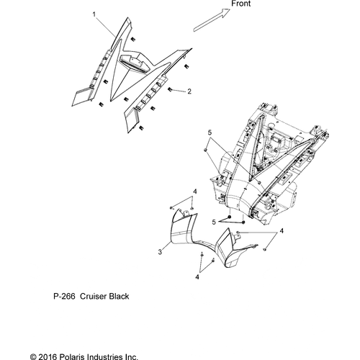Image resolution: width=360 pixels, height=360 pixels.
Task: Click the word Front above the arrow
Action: (240, 4)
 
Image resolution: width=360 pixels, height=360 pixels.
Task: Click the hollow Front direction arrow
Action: (212, 20)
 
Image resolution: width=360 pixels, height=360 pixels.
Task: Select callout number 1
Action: (94, 14)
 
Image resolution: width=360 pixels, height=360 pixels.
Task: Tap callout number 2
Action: (189, 91)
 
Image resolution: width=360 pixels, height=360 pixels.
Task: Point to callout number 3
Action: (160, 252)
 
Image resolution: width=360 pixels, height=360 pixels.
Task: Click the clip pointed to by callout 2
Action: (170, 89)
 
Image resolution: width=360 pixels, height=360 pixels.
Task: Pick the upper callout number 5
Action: (210, 132)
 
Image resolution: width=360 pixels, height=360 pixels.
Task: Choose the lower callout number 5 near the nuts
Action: (214, 222)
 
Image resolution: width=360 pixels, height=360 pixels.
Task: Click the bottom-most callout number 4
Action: (197, 277)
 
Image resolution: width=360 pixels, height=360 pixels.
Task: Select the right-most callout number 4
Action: (282, 231)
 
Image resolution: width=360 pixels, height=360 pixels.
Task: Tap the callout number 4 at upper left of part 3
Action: (195, 192)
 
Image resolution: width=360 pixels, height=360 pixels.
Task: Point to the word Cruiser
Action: (93, 297)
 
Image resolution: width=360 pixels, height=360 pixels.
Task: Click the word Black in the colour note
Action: (119, 297)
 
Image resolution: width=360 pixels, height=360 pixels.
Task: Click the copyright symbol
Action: (33, 357)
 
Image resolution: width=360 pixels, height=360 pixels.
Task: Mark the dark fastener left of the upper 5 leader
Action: (205, 150)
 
